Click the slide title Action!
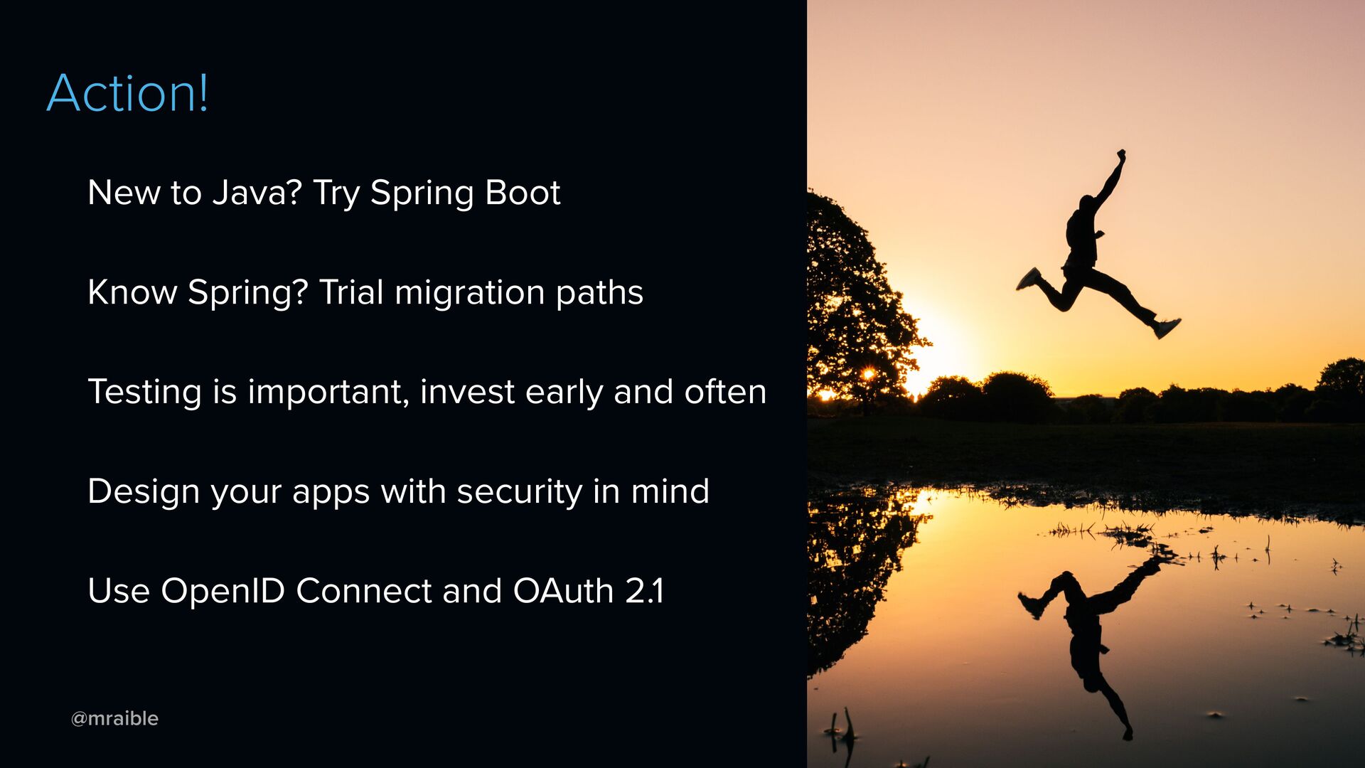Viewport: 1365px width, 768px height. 128,92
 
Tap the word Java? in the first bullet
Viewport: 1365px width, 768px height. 257,192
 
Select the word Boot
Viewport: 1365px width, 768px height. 523,192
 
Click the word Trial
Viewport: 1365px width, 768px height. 351,292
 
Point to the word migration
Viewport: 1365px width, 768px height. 470,293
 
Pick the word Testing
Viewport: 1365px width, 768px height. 144,393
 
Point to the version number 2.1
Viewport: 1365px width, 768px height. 645,590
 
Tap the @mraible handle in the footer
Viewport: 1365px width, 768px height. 114,718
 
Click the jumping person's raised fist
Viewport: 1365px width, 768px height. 1121,154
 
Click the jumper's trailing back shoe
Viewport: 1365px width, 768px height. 1028,279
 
